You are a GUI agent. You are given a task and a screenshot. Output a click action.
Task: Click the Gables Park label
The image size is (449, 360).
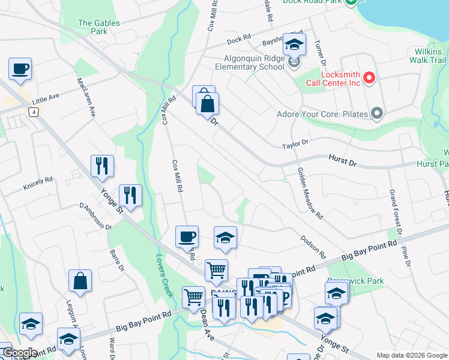click(x=99, y=26)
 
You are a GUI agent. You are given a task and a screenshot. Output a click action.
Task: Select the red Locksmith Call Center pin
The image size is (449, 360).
click(x=369, y=78)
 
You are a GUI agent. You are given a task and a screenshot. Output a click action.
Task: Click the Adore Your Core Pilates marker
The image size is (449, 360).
click(x=377, y=113)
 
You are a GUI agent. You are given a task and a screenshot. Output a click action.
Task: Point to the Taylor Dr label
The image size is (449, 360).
click(x=295, y=144)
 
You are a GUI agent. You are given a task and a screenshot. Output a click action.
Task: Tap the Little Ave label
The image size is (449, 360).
click(x=46, y=97)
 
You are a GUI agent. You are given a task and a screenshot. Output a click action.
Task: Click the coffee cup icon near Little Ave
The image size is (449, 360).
click(x=20, y=69)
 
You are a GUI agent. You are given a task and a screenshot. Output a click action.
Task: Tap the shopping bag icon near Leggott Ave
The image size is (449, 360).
click(x=80, y=281)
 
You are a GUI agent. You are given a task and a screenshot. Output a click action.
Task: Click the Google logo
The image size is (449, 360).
click(x=19, y=353)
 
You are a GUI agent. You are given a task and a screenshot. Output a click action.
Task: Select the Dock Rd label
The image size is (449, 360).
click(x=239, y=40)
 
